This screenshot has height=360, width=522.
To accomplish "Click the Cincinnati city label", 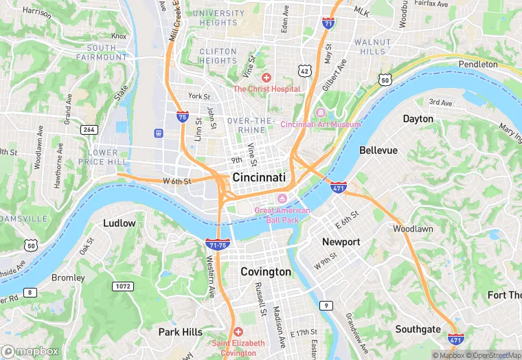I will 259,177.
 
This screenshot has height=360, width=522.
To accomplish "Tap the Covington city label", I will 265,272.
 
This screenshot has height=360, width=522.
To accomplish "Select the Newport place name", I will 341,242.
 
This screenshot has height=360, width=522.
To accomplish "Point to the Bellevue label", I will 378,150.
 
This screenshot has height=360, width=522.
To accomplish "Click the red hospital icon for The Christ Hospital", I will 266,78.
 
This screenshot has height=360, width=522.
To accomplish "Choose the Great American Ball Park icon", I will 282,199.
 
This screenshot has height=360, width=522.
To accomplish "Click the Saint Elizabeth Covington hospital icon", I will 238,332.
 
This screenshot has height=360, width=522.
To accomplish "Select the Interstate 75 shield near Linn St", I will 183,117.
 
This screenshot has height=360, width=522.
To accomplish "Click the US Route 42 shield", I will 304,71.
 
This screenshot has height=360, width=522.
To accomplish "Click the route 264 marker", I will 89,129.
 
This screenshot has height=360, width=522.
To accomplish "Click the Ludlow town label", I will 119,223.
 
